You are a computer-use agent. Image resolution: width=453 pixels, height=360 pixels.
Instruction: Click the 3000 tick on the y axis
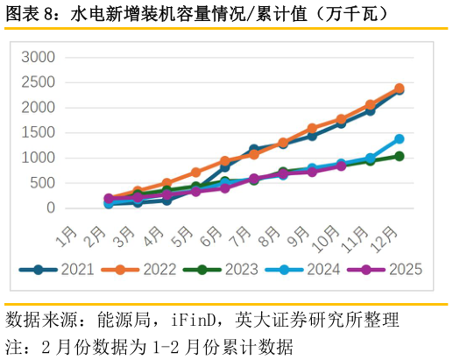point(38,57)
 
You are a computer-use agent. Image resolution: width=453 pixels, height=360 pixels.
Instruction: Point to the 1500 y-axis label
point(38,133)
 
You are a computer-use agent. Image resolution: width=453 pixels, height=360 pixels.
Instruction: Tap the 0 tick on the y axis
point(51,208)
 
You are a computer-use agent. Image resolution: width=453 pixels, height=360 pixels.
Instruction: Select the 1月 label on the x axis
point(67,236)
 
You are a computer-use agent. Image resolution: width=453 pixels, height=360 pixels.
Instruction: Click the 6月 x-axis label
point(211,236)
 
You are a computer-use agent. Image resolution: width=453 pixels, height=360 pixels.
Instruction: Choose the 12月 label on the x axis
point(384,239)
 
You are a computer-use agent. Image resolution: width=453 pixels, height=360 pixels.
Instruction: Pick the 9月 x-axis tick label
point(298,236)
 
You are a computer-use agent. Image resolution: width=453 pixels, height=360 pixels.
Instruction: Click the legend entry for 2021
point(56,269)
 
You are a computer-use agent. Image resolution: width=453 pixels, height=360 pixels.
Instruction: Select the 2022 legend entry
point(138,269)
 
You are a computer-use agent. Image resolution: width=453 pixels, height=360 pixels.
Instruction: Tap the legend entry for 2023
point(221,269)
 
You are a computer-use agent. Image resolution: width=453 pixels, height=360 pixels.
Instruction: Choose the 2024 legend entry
point(303,269)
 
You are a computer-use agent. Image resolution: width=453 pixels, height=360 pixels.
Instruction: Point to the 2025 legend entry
point(385,269)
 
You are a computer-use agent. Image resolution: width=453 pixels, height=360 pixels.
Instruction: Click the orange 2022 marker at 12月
point(400,88)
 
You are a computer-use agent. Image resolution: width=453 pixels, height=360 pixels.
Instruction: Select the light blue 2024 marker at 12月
point(400,139)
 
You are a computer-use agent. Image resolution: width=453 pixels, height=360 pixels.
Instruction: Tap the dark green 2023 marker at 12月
point(400,156)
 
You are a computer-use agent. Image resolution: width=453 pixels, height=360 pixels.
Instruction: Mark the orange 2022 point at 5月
point(195,173)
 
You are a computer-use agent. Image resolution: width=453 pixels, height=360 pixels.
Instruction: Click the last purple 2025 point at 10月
point(341,166)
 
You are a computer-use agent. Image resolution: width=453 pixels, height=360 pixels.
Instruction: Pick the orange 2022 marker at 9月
point(312,128)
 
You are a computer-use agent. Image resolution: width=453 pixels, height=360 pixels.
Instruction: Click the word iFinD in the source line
point(194,320)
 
